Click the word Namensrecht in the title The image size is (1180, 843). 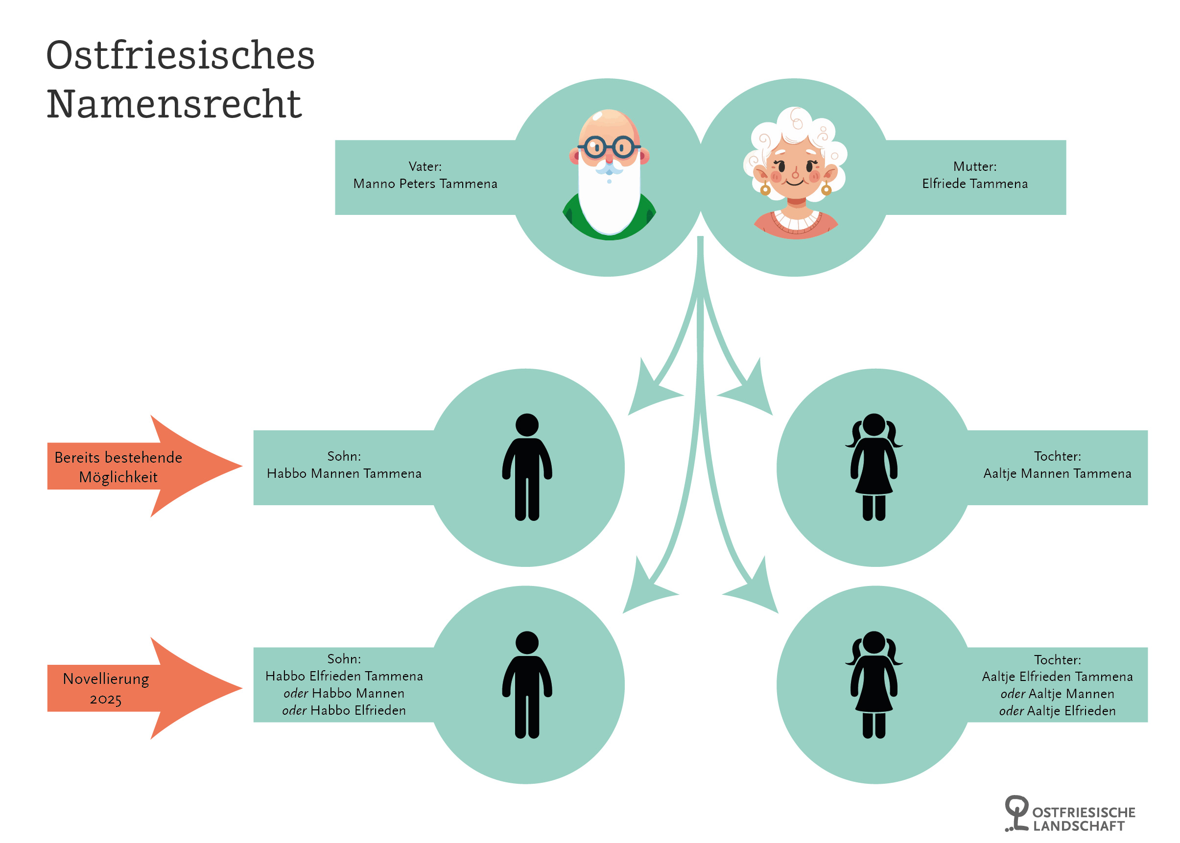coord(174,104)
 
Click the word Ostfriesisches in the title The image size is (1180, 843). coord(180,55)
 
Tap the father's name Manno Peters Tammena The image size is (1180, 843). coord(425,184)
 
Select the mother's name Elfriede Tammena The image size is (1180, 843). coord(974,184)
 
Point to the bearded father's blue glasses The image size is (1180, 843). coord(609,147)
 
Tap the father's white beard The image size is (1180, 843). coord(609,203)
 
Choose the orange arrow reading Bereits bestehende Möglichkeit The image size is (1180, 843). coord(130,467)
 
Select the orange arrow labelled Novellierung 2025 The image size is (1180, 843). coord(130,688)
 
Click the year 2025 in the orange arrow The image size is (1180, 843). coord(106,699)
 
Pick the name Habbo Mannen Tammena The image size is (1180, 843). coord(344,473)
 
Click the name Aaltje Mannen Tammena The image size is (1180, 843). coord(1057,473)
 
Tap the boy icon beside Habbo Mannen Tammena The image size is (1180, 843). coord(527,467)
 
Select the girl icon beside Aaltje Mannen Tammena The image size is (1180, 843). coord(873,467)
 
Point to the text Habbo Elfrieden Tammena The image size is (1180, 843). coord(344,676)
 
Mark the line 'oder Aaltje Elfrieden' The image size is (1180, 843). coord(1057,711)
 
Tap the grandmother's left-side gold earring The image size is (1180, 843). coord(765,189)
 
